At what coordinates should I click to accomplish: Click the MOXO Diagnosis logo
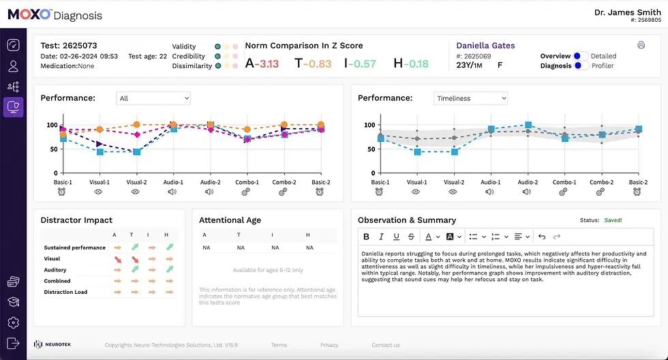tap(55, 14)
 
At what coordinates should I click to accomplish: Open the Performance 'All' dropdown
tap(153, 98)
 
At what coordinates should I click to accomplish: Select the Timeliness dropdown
tap(470, 98)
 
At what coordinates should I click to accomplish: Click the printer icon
tap(641, 46)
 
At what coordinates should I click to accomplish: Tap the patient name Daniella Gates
tap(485, 46)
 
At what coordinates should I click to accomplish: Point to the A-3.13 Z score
tap(262, 63)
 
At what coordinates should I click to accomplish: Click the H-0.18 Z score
tap(411, 63)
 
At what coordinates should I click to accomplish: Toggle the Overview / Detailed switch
tap(581, 56)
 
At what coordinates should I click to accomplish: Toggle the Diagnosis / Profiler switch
tap(581, 65)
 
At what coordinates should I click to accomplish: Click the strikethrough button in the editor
tap(411, 237)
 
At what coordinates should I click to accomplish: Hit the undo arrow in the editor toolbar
tap(542, 237)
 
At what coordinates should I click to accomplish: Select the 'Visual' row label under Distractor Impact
tap(52, 259)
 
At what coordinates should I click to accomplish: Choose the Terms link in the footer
tap(279, 345)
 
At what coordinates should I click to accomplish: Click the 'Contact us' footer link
tap(386, 345)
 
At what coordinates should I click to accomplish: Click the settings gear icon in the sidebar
tap(13, 322)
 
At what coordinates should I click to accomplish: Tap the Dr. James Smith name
tap(627, 12)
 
